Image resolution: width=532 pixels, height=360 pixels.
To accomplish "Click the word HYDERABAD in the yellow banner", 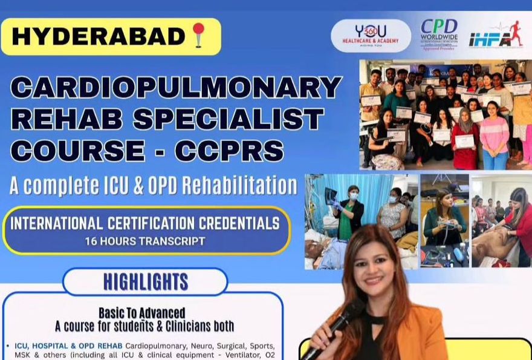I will pyautogui.click(x=97, y=36).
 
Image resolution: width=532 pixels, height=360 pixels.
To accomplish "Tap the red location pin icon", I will pyautogui.click(x=198, y=36).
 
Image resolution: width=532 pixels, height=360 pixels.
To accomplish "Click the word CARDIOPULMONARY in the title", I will pyautogui.click(x=176, y=87).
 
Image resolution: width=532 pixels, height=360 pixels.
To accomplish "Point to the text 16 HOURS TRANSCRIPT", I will pyautogui.click(x=145, y=241).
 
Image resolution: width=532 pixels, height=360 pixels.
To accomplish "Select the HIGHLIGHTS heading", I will pyautogui.click(x=145, y=282).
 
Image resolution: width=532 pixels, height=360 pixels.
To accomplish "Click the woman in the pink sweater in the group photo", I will pyautogui.click(x=494, y=136).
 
